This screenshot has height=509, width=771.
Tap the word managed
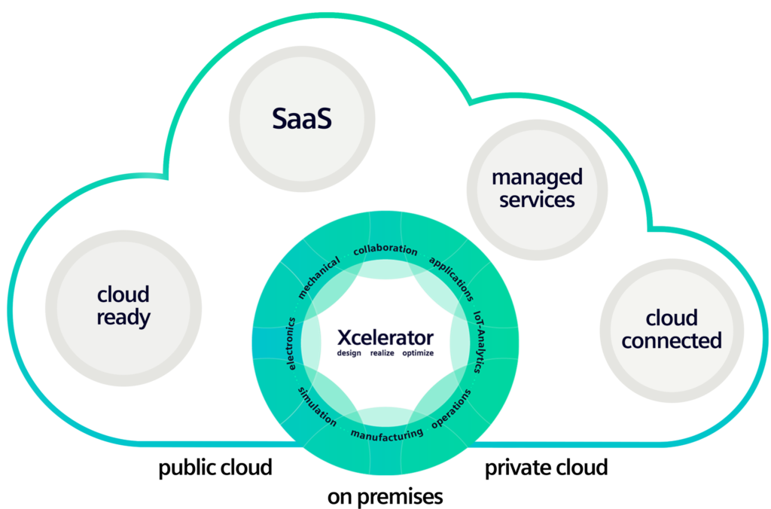537,178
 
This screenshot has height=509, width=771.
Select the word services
537,200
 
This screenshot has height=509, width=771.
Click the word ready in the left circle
123,317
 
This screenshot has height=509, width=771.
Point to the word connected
672,340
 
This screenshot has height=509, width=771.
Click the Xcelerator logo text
385,336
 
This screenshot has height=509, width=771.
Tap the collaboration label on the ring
385,249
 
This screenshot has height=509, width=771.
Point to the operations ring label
452,408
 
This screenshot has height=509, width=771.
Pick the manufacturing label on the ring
386,434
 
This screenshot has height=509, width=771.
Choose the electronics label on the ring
291,343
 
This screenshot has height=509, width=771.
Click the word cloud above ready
123,294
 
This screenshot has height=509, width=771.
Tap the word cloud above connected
672,318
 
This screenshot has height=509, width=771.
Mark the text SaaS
301,118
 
